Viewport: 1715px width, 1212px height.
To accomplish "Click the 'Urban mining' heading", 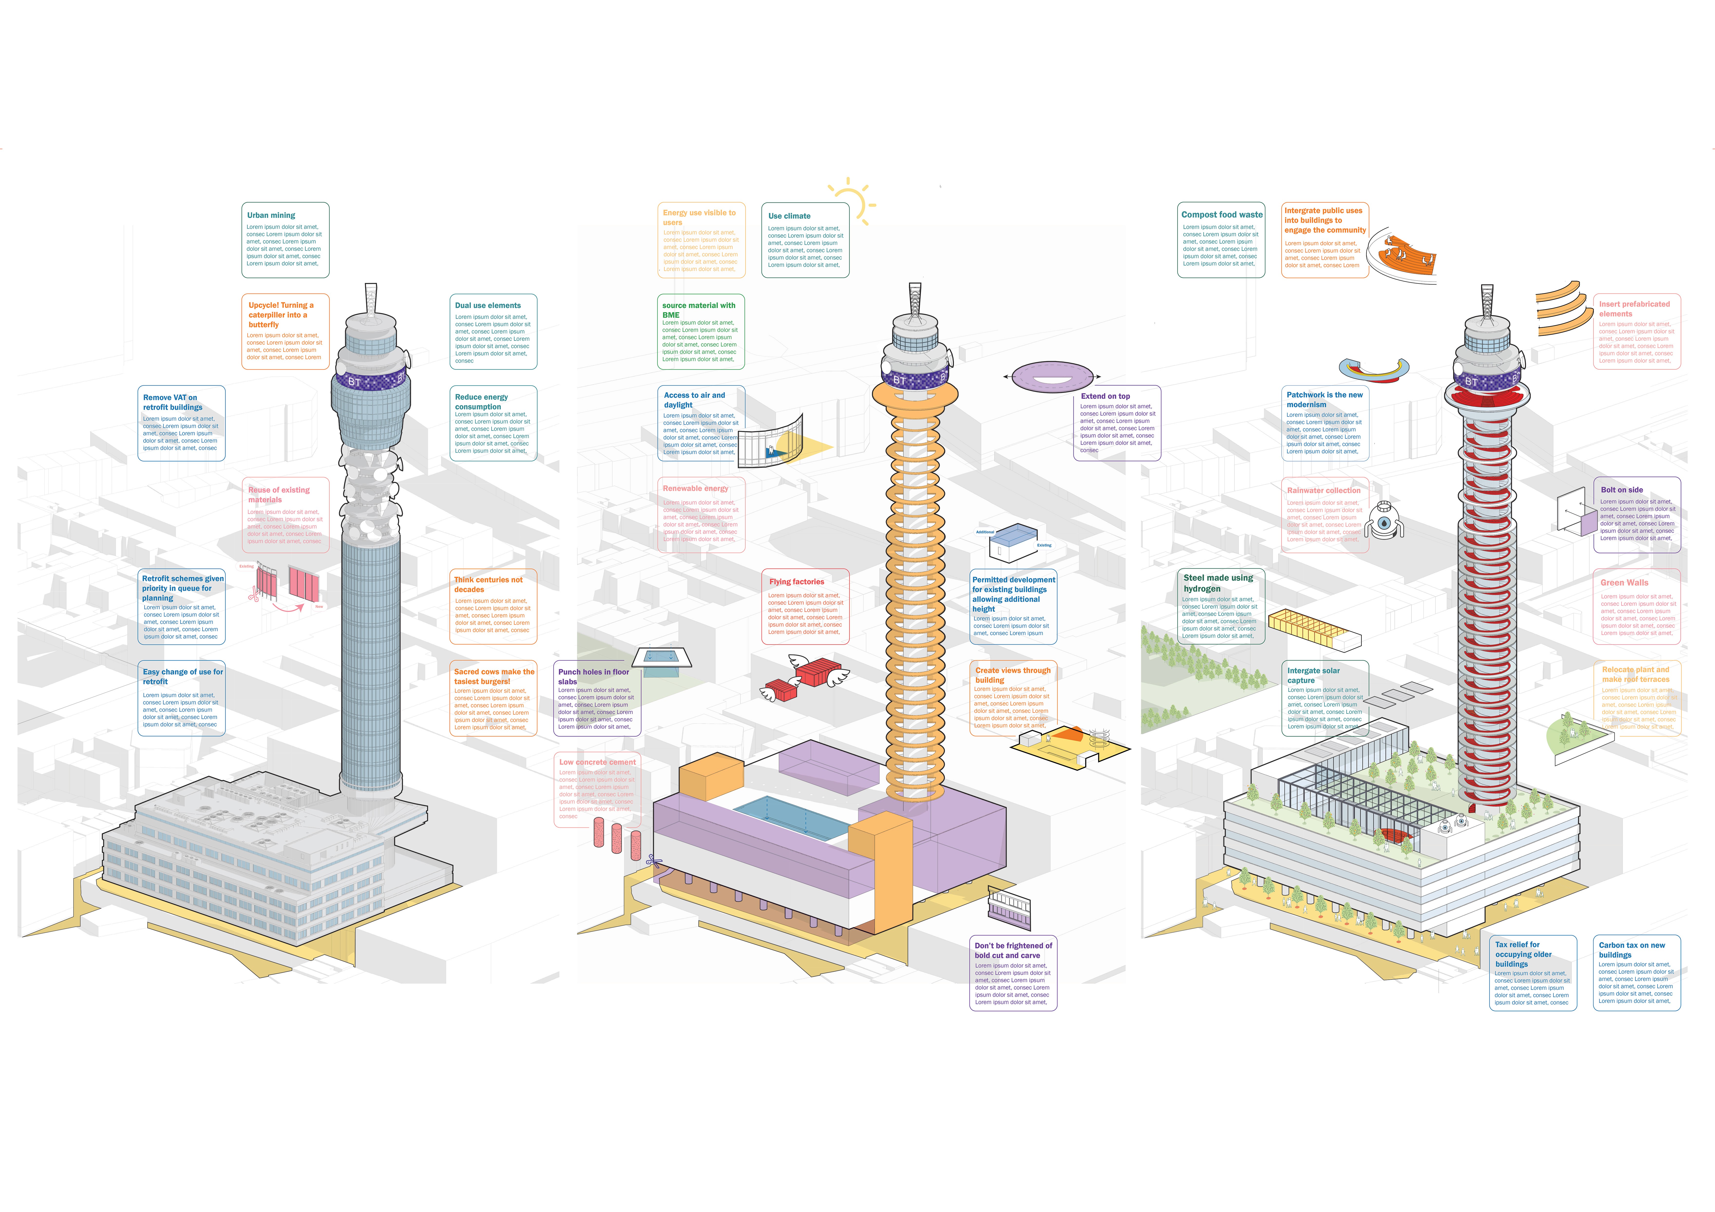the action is (x=271, y=215).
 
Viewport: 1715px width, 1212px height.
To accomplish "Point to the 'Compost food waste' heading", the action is (x=1221, y=214).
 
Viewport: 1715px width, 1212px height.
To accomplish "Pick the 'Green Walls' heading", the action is (x=1624, y=583).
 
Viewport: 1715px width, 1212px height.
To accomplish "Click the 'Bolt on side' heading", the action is (x=1622, y=490).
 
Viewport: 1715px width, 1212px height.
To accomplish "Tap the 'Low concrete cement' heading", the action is (x=597, y=762).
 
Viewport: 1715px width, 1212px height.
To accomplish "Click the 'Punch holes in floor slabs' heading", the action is (x=593, y=676).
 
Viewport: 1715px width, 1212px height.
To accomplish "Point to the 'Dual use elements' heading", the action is (x=488, y=305).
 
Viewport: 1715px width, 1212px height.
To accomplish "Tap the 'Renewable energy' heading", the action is (x=695, y=489).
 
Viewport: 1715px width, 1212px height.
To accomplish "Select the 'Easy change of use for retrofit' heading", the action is (x=182, y=676).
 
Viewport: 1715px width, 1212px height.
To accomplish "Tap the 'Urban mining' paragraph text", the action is (x=284, y=245).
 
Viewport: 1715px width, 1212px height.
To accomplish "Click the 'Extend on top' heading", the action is (x=1105, y=396).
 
